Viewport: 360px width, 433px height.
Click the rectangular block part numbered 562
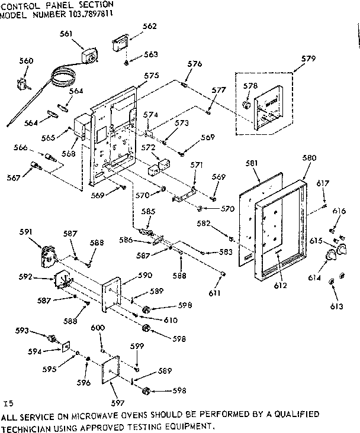tap(121, 45)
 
